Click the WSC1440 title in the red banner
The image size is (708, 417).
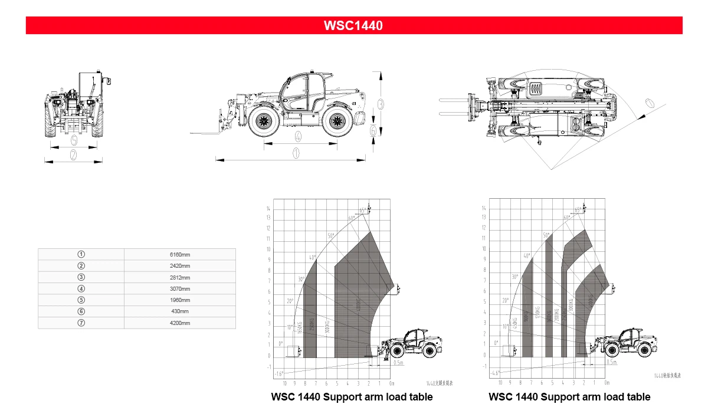click(x=353, y=25)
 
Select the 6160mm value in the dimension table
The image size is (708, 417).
click(x=180, y=255)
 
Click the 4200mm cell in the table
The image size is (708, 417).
click(x=180, y=323)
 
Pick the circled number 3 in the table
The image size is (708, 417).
click(x=81, y=277)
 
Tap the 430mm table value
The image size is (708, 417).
click(x=180, y=311)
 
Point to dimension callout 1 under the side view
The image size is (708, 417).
click(x=296, y=153)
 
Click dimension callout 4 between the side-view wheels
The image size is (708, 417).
click(x=298, y=136)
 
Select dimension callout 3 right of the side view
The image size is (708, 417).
click(x=381, y=103)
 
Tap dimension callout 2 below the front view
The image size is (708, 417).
click(x=74, y=155)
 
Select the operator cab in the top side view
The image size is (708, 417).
click(x=301, y=91)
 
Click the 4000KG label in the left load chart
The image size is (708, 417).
click(x=358, y=307)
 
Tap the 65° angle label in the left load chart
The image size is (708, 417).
click(x=362, y=211)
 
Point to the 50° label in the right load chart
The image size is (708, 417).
click(x=546, y=235)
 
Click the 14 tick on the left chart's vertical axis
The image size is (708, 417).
click(x=268, y=209)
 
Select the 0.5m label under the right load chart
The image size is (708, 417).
click(x=612, y=363)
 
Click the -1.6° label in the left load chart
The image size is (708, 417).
click(x=278, y=373)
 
